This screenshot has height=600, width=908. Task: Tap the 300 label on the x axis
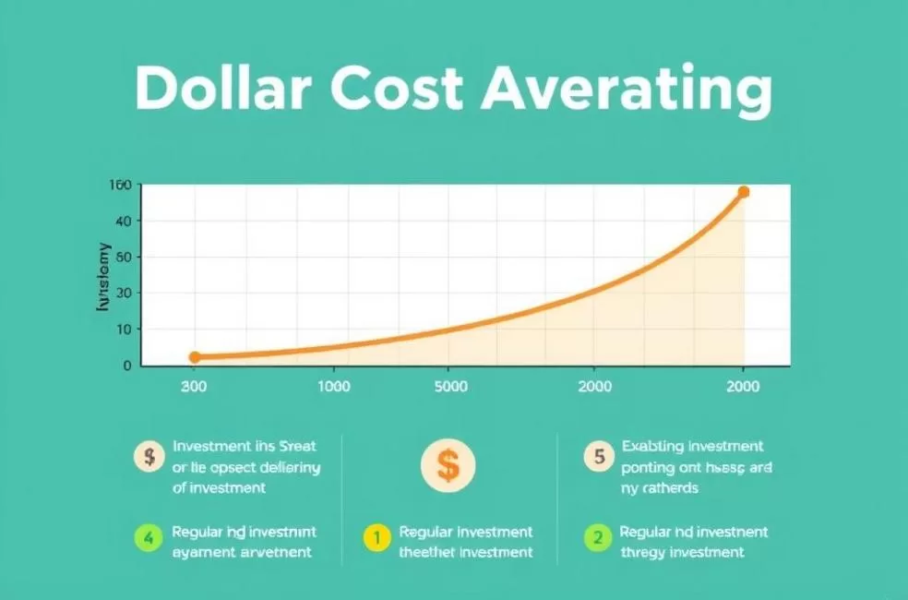point(194,387)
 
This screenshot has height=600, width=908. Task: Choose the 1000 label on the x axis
point(333,387)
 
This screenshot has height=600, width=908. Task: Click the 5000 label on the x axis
point(450,387)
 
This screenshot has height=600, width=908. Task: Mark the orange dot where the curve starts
point(195,357)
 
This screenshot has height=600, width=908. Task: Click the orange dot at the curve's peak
point(744,192)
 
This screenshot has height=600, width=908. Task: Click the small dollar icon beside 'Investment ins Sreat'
point(148,455)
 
